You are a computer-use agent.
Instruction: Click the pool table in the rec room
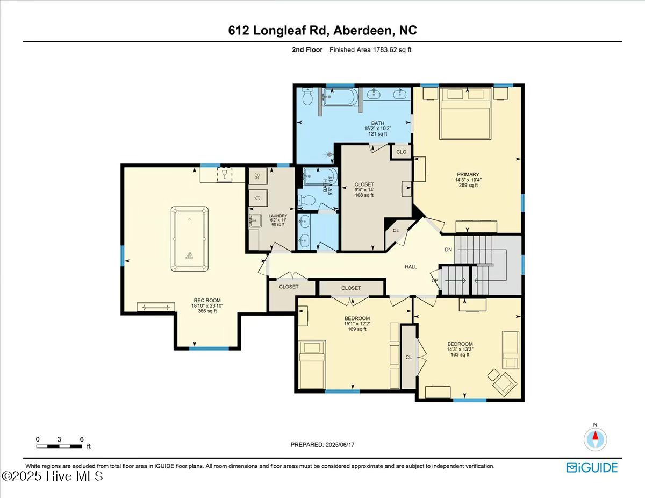[x=190, y=238]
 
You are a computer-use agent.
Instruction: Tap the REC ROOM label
[x=207, y=301]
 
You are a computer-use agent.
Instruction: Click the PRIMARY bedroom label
[x=468, y=174]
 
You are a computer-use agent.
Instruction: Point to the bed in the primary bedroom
[x=465, y=113]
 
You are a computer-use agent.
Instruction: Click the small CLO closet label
[x=401, y=152]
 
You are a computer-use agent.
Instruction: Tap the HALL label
[x=411, y=267]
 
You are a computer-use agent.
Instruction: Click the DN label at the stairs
[x=448, y=250]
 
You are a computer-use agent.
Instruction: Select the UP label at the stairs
[x=435, y=280]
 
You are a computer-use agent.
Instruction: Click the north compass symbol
[x=595, y=439]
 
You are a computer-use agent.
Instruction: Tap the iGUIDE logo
[x=592, y=467]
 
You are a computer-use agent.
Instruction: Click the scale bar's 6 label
[x=82, y=439]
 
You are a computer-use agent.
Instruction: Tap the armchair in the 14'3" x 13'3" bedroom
[x=504, y=383]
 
